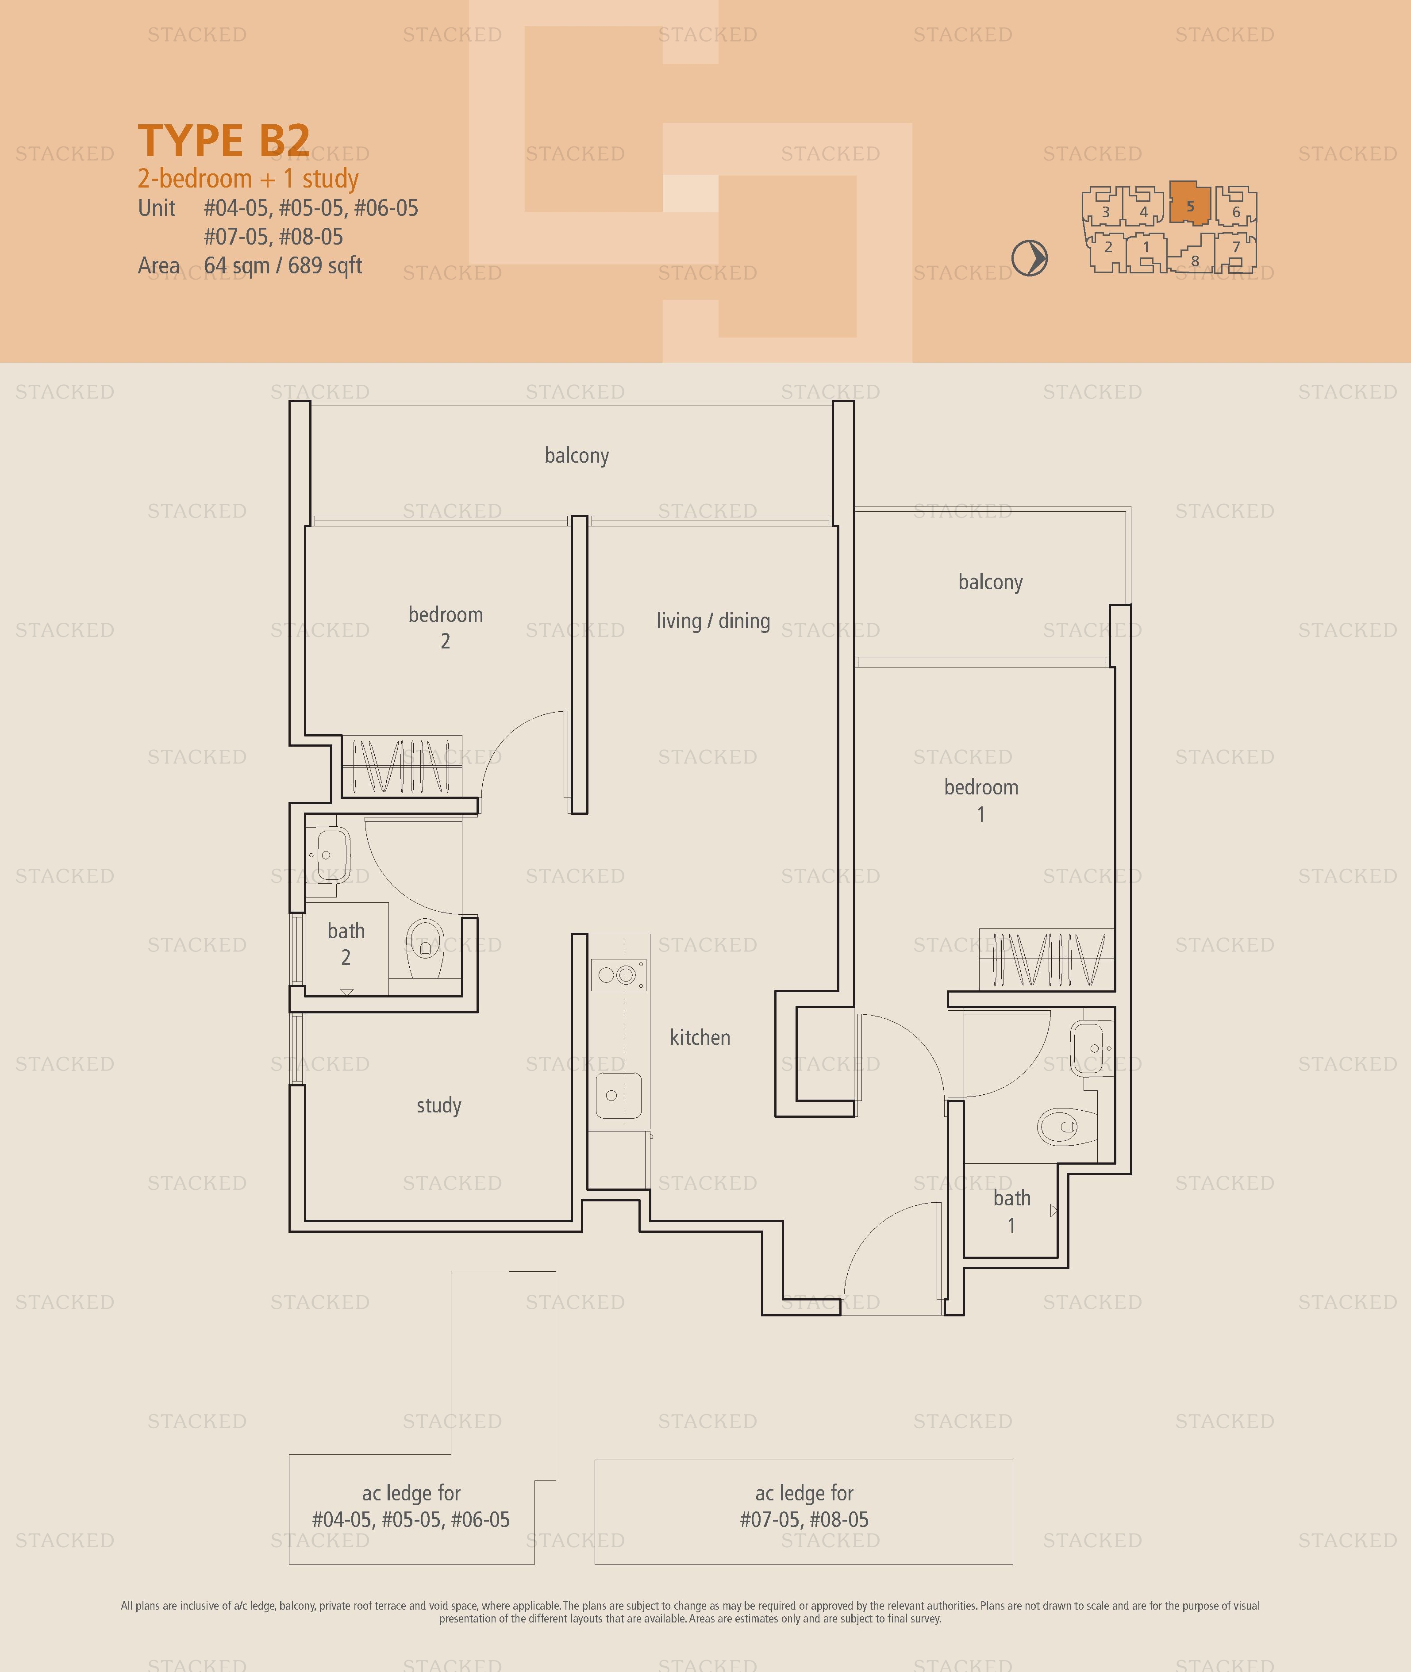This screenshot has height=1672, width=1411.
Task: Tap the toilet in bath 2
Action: tap(426, 948)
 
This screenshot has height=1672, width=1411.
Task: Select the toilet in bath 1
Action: tap(1068, 1127)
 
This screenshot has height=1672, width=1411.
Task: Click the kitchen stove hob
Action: tap(618, 975)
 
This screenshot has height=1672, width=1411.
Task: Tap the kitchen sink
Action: tap(618, 1096)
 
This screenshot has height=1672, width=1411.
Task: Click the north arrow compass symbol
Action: tap(1030, 258)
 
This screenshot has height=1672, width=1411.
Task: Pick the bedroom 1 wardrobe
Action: tap(1047, 959)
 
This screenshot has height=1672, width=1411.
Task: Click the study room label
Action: tap(439, 1106)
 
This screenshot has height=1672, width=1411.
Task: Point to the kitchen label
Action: tap(700, 1037)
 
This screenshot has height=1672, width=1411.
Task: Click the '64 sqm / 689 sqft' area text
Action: tap(283, 265)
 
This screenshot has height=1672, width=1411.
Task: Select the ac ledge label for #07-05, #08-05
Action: tap(804, 1506)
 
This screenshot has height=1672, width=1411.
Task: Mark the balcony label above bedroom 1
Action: tap(990, 582)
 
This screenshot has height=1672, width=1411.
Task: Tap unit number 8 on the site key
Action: tap(1195, 261)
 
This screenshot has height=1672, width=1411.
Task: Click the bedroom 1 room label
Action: tap(981, 801)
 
